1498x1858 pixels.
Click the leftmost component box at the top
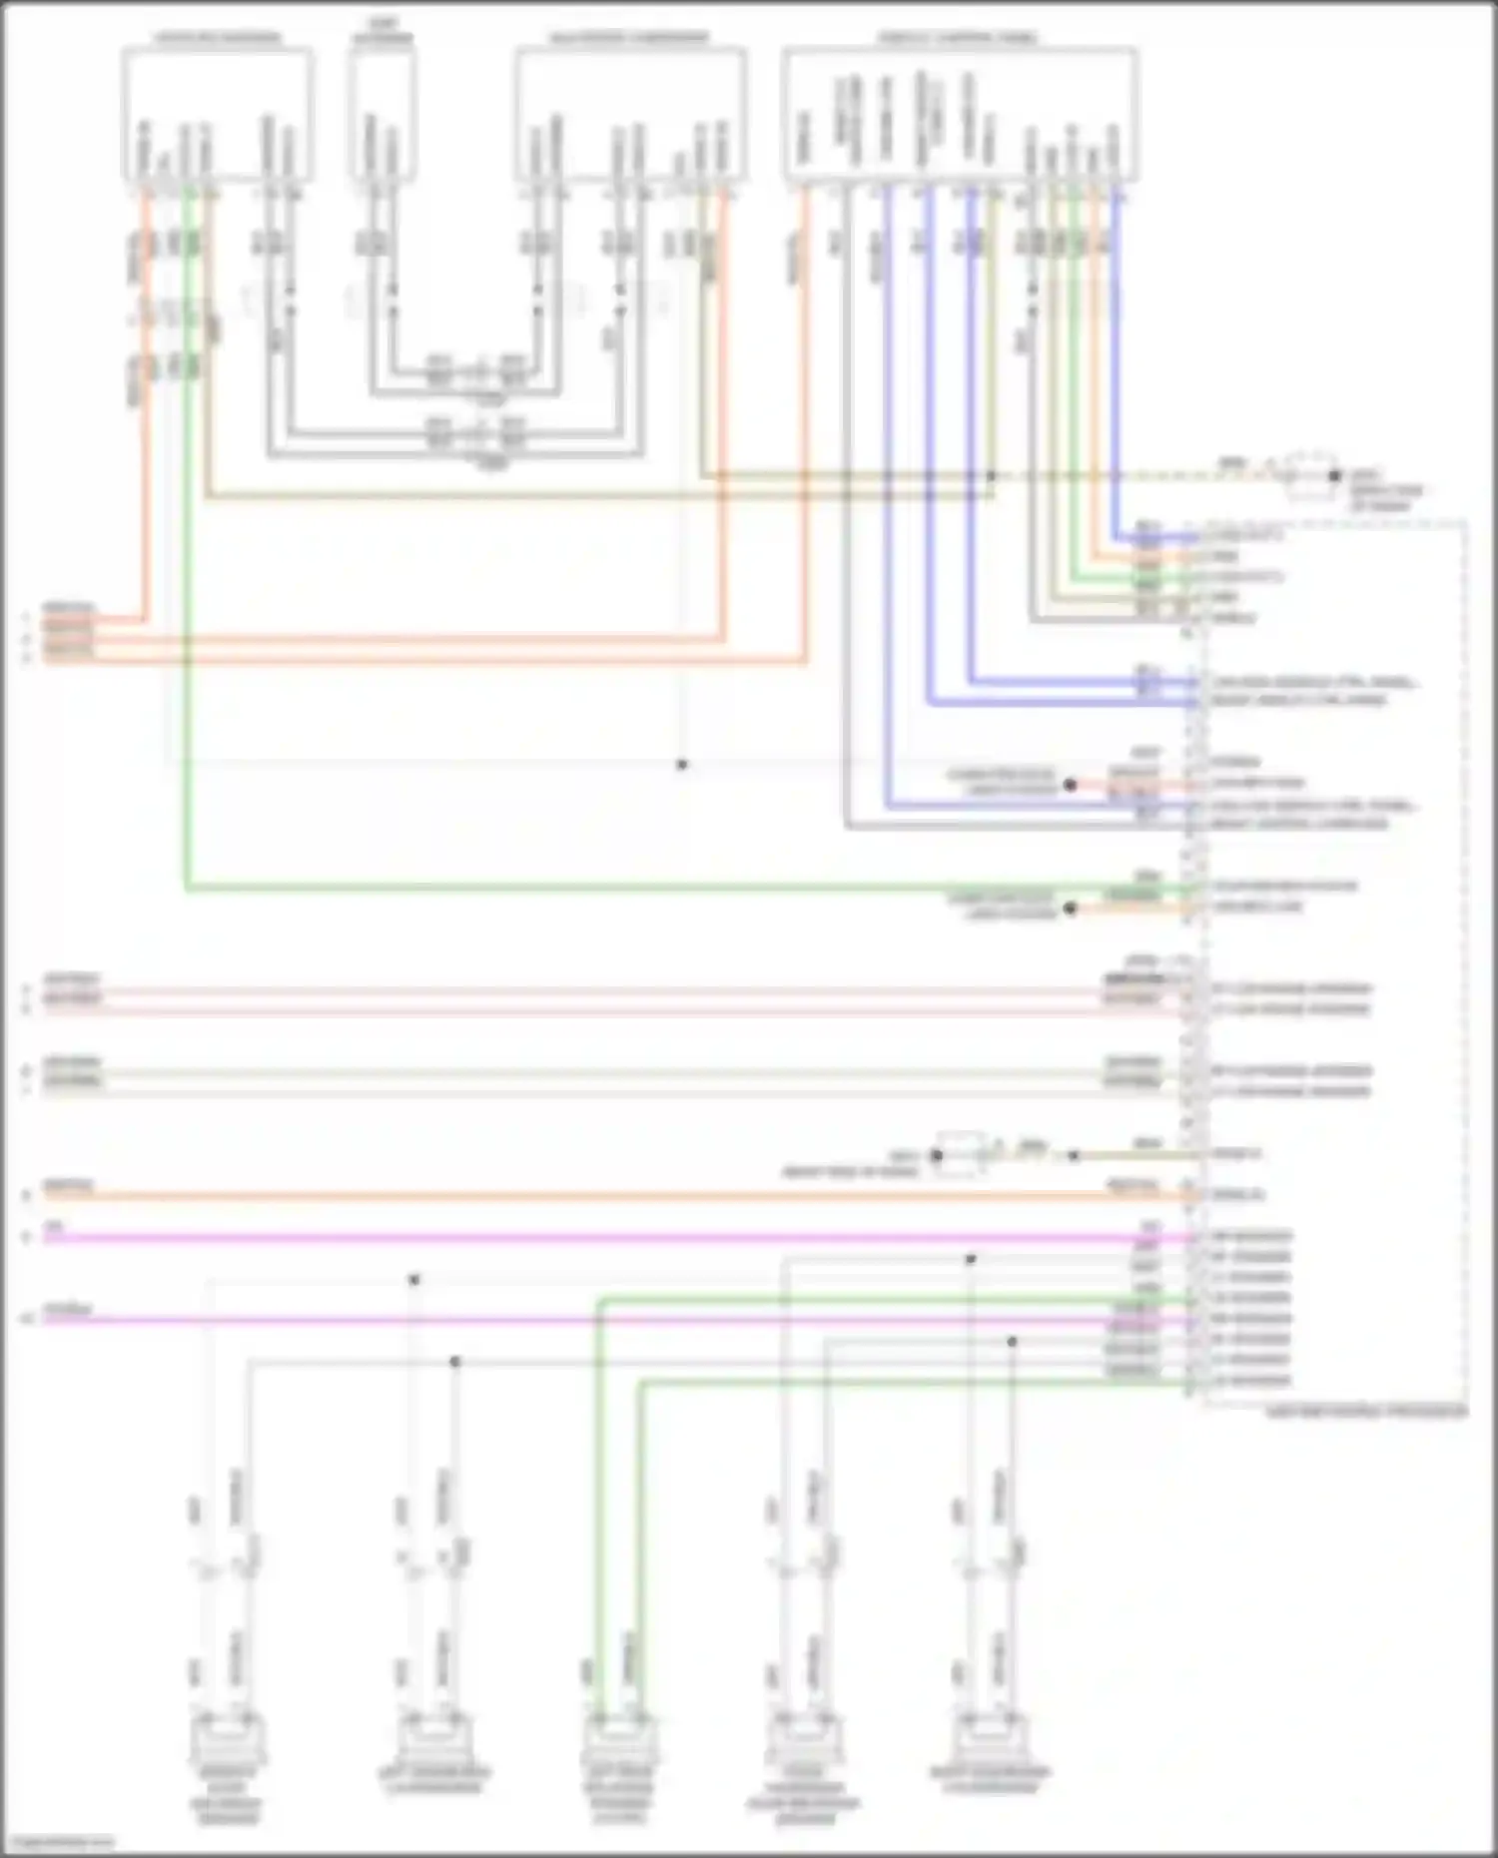click(217, 115)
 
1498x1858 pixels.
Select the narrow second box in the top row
click(382, 115)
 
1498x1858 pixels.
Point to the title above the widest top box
click(959, 38)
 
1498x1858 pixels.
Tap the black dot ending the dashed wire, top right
click(1334, 476)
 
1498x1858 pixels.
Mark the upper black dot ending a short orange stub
click(1070, 785)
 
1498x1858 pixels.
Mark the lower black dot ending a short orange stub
click(1070, 909)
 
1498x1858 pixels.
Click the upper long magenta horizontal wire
click(599, 1238)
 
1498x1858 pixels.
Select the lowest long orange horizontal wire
click(599, 1195)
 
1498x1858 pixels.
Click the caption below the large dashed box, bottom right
click(1366, 1413)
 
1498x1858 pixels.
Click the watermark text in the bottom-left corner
click(57, 1842)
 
